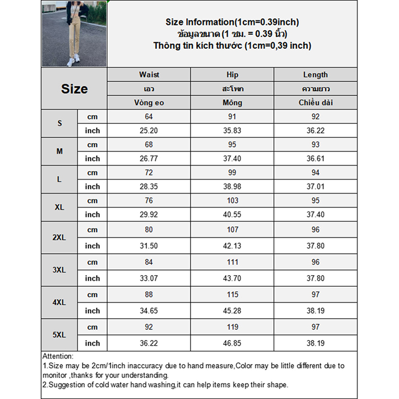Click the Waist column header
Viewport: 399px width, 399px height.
coord(149,75)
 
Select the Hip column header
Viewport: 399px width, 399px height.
coord(232,75)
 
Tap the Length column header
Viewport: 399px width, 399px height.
coord(315,75)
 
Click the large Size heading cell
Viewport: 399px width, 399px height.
coord(74,89)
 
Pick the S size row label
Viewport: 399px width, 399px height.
coord(60,123)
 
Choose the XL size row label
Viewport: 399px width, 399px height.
coord(60,207)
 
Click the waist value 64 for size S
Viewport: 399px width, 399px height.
coord(149,117)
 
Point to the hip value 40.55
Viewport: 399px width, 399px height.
coord(232,214)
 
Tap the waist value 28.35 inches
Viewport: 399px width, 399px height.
coord(149,187)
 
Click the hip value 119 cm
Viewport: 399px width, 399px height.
coord(232,327)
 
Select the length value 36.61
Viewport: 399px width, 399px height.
coord(315,159)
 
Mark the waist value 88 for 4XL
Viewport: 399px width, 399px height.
coord(149,294)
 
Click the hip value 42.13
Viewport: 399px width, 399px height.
coord(232,246)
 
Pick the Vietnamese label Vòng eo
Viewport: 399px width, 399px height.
coord(149,103)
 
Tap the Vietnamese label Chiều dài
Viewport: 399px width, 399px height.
coord(315,103)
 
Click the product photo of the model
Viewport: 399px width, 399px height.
coord(74,34)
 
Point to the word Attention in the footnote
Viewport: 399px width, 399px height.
coord(58,356)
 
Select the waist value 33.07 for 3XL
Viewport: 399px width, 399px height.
coord(149,278)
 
